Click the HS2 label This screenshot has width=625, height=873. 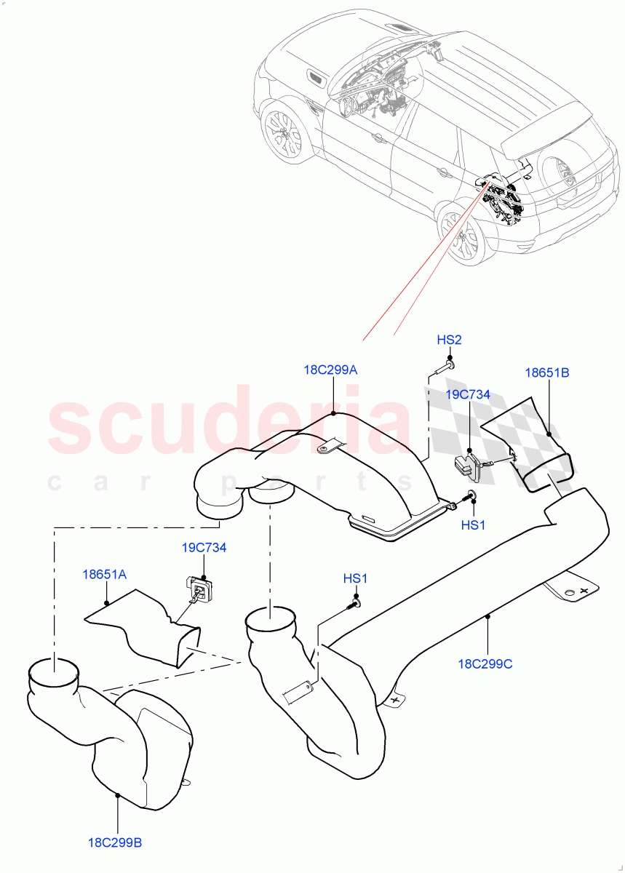[x=449, y=340]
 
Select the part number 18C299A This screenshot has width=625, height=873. [x=330, y=370]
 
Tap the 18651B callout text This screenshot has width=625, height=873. [x=546, y=372]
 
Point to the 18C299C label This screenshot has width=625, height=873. [x=485, y=663]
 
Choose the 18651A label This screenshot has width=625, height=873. [x=104, y=574]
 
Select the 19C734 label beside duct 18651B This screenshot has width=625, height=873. [x=469, y=394]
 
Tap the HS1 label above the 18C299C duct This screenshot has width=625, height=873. [x=356, y=578]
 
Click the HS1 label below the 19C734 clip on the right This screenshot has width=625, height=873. [x=473, y=525]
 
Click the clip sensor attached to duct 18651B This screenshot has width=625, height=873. [x=467, y=466]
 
